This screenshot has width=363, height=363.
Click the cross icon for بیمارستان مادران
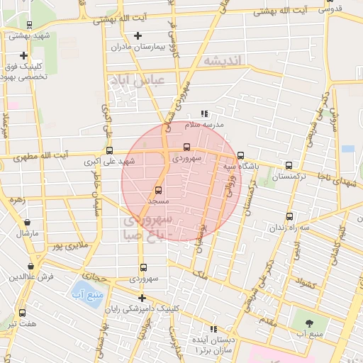click(x=138, y=35)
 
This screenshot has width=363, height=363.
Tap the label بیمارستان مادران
click(x=138, y=47)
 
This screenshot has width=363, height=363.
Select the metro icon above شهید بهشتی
click(x=28, y=25)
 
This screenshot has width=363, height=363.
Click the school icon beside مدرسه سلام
click(x=205, y=113)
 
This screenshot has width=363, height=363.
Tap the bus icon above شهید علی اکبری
click(x=109, y=150)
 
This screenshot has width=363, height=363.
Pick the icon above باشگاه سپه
click(x=240, y=155)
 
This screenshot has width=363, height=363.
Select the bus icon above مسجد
click(x=158, y=190)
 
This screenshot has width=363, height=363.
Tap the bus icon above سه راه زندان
click(x=289, y=216)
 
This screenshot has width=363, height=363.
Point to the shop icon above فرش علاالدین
click(x=30, y=266)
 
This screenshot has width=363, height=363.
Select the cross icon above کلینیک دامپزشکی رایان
click(x=143, y=298)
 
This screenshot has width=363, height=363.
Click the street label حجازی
click(x=94, y=275)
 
